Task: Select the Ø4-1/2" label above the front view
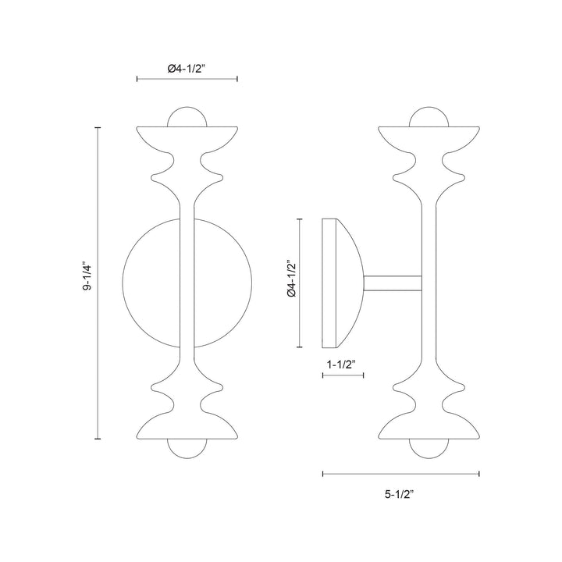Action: [187, 69]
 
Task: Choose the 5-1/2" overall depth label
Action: [400, 494]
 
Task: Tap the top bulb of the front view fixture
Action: [187, 116]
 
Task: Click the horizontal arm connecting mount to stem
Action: [393, 282]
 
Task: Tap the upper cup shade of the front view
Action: [187, 137]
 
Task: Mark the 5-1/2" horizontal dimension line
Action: [400, 473]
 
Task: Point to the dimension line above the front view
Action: [187, 80]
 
